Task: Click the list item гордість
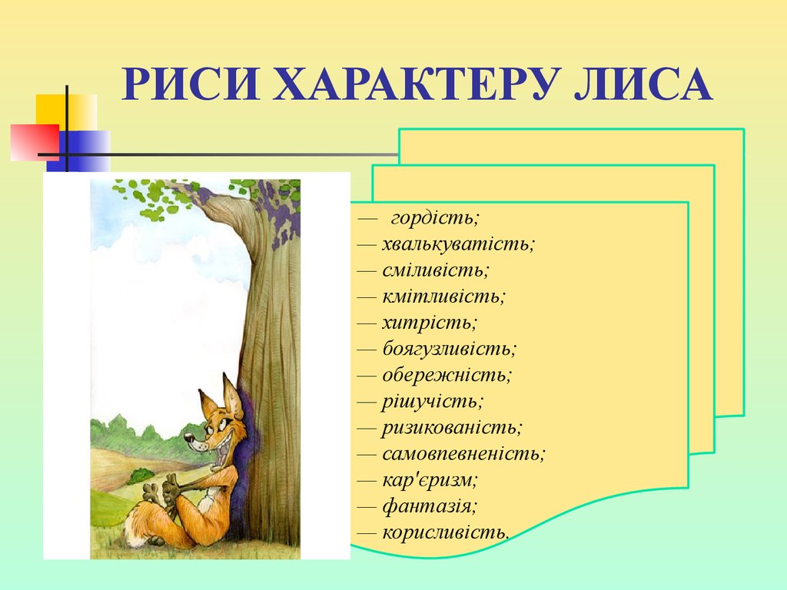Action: tap(434, 218)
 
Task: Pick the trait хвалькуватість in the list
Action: tap(458, 244)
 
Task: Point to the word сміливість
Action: tap(435, 270)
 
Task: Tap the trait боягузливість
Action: tap(449, 349)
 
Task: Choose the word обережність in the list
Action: tap(447, 375)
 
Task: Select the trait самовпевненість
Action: tap(463, 453)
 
